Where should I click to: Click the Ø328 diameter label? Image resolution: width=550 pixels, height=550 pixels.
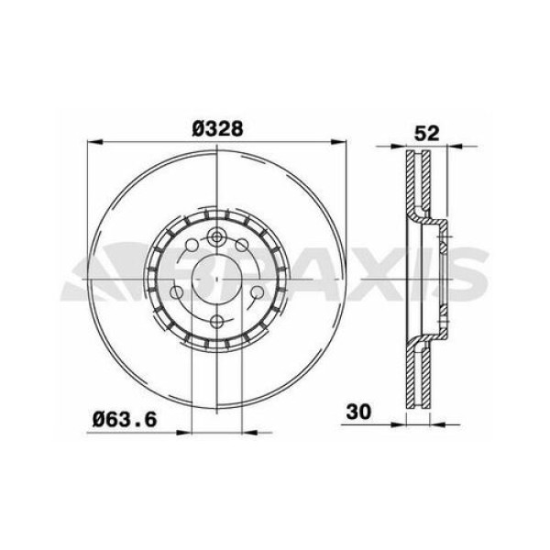[217, 129]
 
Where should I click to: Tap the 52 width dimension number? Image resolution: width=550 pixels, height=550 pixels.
[424, 131]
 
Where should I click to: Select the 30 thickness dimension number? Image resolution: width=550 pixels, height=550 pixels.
[358, 412]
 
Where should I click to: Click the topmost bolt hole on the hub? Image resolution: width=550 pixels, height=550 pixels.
[216, 237]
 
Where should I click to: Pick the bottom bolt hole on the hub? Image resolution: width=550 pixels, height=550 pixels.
[216, 321]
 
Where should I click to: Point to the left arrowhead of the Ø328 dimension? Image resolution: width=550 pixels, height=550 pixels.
[92, 143]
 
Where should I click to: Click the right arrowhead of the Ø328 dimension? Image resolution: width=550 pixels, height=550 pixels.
[342, 143]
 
